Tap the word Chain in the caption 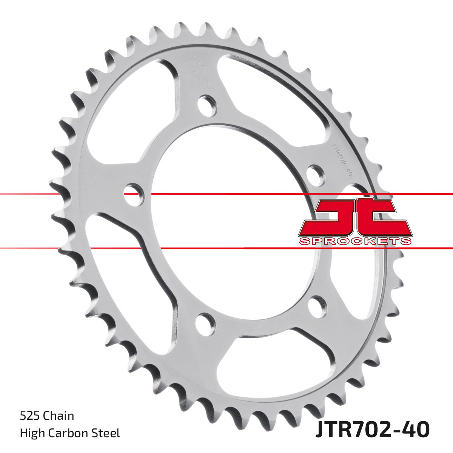tap(59, 416)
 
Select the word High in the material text tap(31, 433)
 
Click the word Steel tap(108, 433)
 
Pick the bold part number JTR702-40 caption tap(372, 430)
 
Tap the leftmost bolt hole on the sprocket tap(134, 194)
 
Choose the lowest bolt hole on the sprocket tap(205, 324)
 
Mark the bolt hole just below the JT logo tap(316, 307)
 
